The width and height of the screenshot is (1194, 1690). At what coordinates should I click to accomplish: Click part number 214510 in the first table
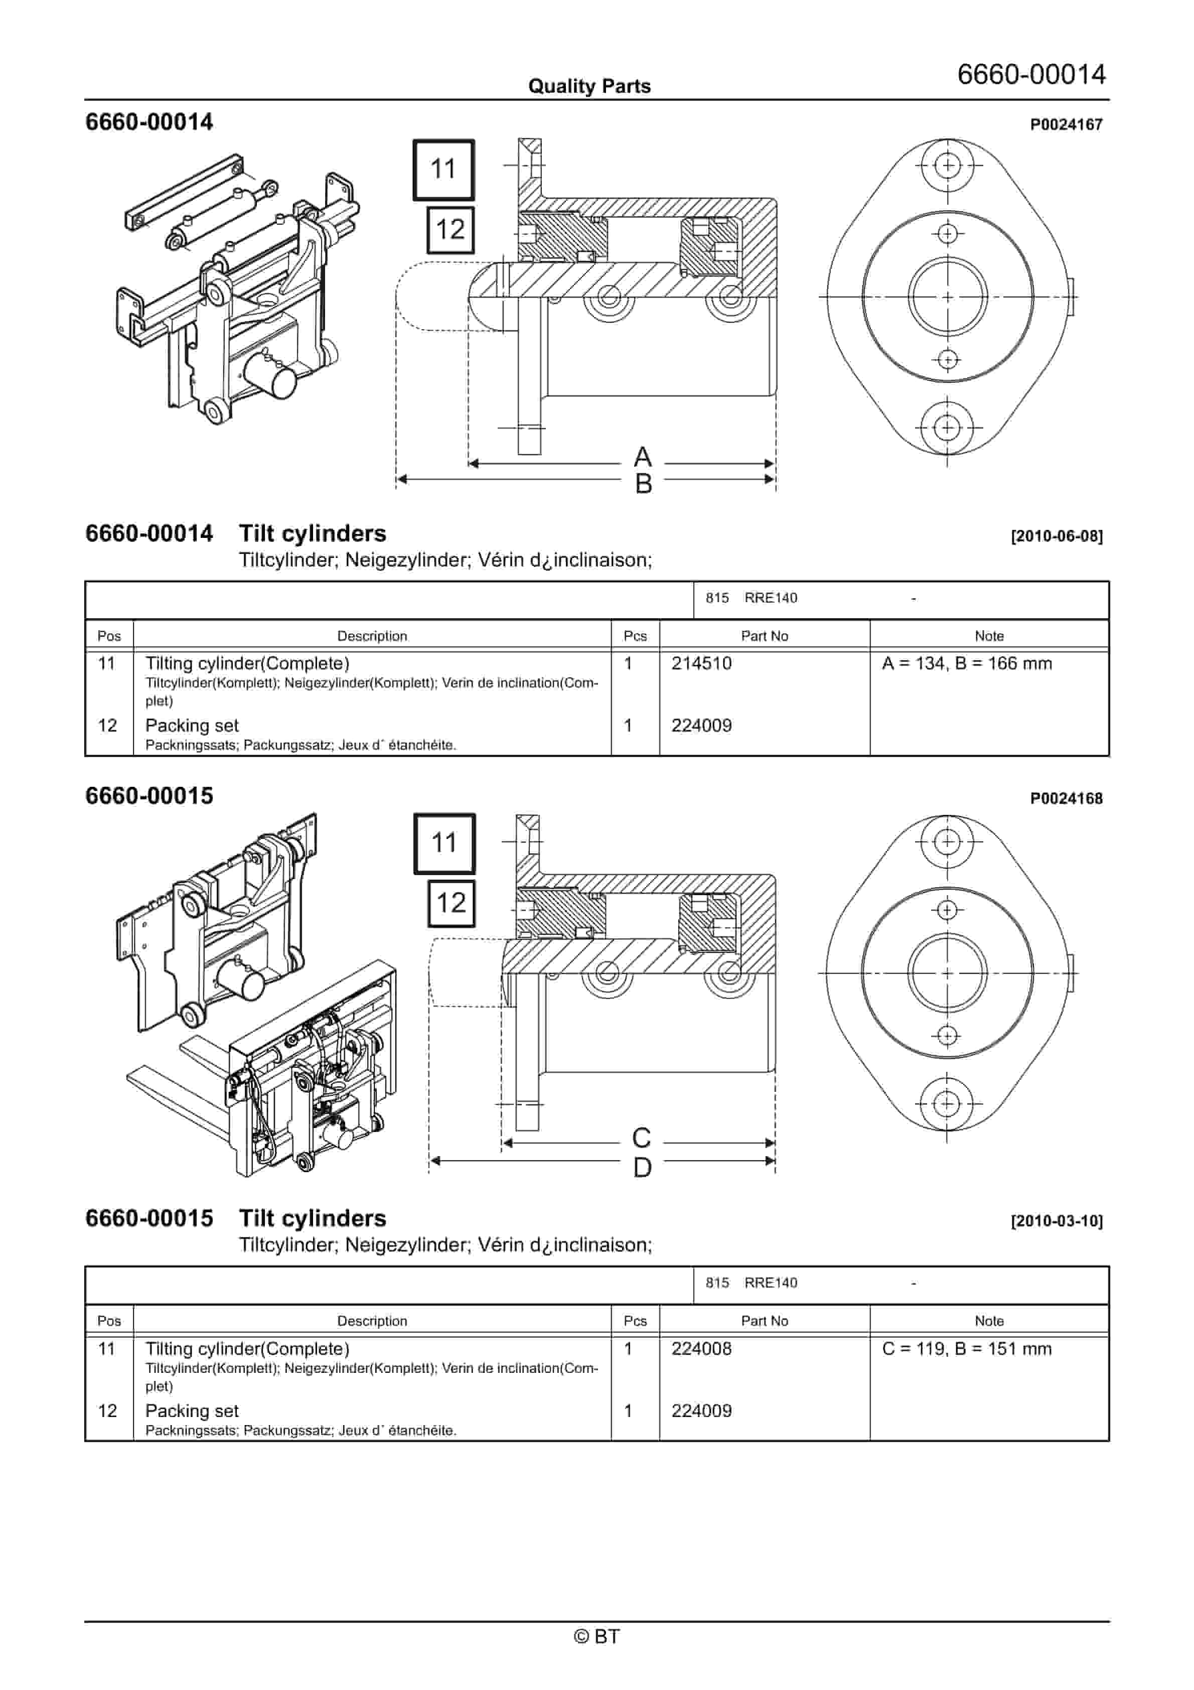pos(701,664)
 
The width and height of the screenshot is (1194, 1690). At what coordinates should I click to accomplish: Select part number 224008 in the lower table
pos(701,1349)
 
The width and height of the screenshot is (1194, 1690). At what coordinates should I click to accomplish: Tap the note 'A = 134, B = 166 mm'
pos(967,664)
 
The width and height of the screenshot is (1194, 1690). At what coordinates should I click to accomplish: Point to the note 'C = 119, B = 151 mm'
pos(967,1349)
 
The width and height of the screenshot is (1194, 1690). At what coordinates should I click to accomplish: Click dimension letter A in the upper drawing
pos(643,458)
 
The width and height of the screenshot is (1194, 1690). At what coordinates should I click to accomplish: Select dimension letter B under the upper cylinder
pos(643,484)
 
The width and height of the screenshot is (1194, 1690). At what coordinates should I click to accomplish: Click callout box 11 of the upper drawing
pos(443,169)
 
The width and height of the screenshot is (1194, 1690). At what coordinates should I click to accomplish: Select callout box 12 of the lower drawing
pos(451,903)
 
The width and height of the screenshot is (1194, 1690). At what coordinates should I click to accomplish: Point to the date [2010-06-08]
pos(1057,536)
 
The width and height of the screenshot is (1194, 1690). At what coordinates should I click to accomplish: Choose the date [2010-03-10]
pos(1057,1221)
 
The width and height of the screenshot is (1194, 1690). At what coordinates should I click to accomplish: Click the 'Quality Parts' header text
pos(589,86)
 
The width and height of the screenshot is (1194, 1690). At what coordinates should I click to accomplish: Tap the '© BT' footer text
pos(596,1636)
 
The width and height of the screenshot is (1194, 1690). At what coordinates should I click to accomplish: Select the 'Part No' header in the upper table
pos(764,636)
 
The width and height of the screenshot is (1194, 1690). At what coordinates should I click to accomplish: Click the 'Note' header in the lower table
pos(989,1321)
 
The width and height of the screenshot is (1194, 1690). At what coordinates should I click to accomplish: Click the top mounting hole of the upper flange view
pos(947,165)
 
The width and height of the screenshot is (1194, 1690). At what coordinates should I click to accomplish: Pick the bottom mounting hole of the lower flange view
pos(947,1104)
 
